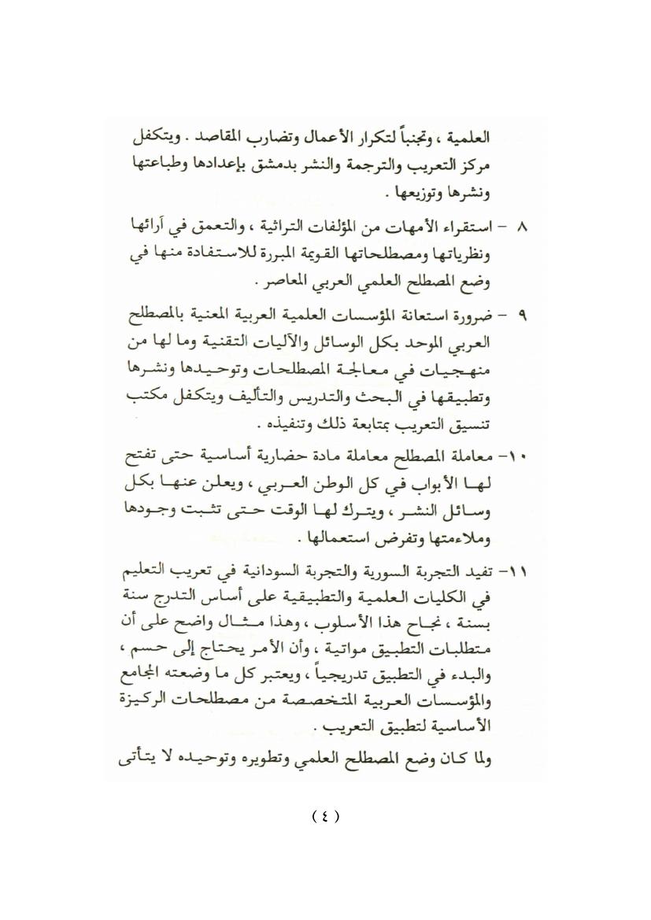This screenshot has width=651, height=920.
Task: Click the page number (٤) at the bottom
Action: (x=325, y=816)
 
